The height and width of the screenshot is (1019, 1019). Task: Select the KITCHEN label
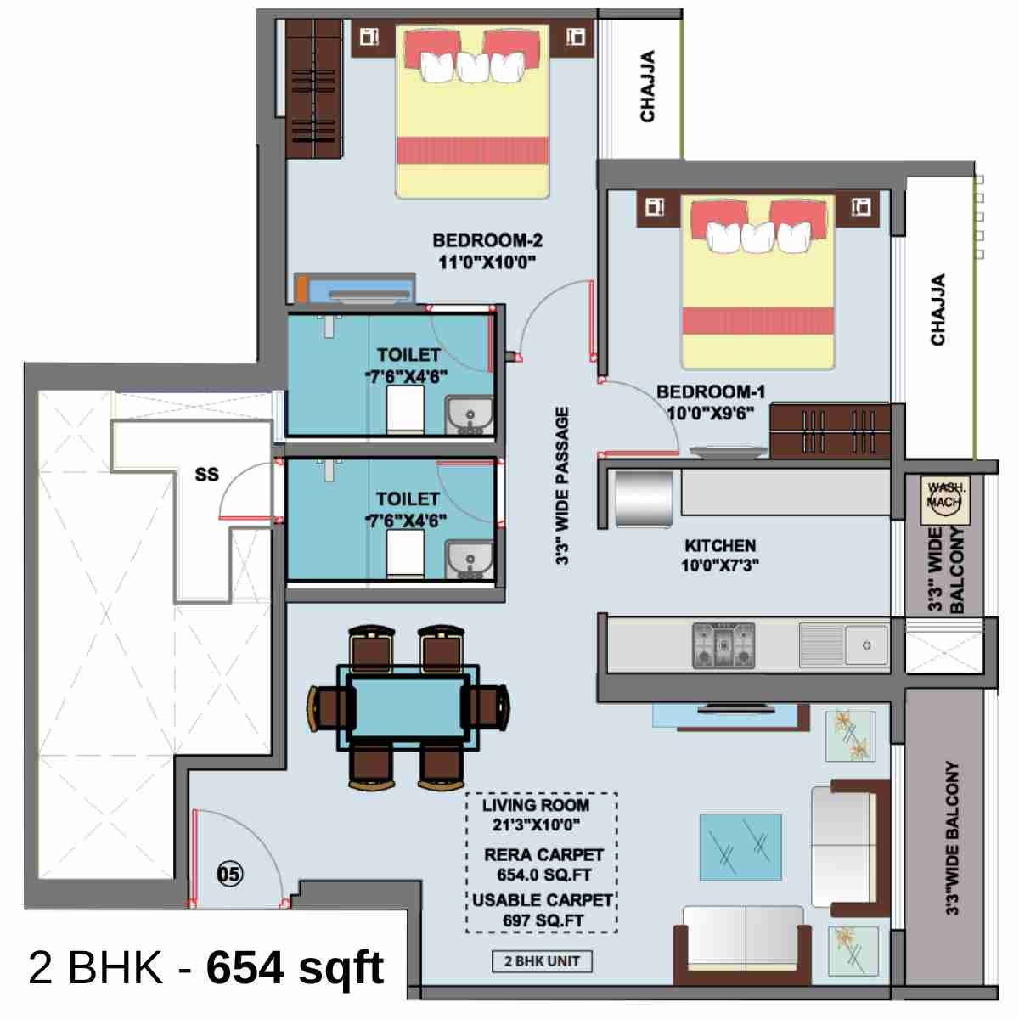tap(719, 546)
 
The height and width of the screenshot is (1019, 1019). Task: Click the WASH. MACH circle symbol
tap(944, 496)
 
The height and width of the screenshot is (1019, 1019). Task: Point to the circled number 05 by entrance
tap(230, 873)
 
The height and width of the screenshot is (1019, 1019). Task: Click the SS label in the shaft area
tap(206, 475)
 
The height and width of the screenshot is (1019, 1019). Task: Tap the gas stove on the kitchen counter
tap(723, 645)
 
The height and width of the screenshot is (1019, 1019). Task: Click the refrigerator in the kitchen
tap(644, 499)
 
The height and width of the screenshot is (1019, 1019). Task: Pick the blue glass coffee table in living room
tap(740, 848)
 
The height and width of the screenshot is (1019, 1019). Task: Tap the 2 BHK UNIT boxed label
tap(542, 961)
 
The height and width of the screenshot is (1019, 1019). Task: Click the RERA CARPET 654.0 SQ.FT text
tap(543, 864)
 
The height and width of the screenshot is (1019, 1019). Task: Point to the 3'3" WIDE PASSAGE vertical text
tap(562, 486)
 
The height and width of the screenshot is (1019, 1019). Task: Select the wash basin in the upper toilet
tap(470, 415)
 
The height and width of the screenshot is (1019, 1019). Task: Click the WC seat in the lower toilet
tap(405, 557)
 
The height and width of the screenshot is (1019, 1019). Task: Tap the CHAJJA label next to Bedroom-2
tap(647, 87)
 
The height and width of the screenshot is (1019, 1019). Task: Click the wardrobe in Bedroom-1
tap(830, 431)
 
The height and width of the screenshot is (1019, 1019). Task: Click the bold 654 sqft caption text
tap(295, 967)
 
